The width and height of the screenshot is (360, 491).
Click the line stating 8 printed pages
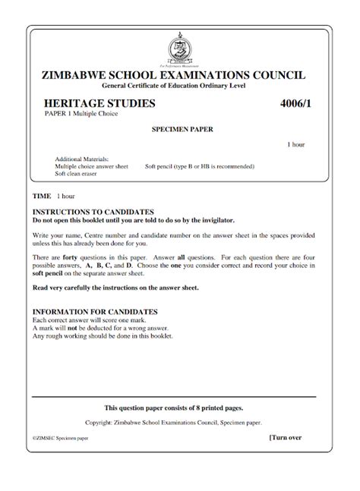(179, 408)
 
